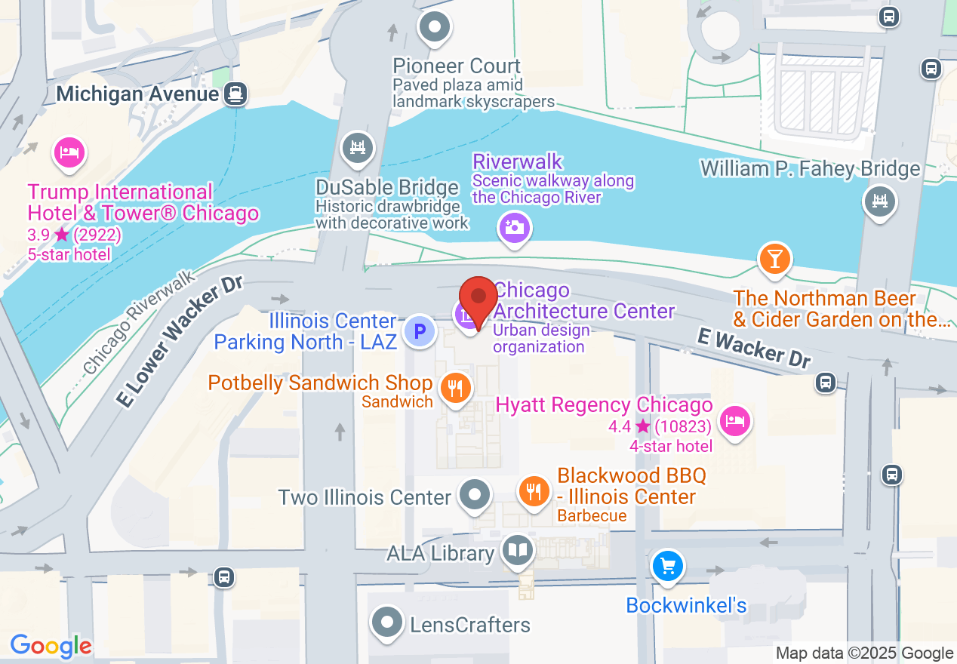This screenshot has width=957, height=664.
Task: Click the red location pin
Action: pos(478,297)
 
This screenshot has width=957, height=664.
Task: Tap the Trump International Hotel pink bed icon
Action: pos(69,152)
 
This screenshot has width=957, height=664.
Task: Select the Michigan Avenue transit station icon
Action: pos(236,94)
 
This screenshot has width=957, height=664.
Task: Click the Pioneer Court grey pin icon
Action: pos(435,27)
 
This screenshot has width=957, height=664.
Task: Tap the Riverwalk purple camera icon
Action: pos(515,226)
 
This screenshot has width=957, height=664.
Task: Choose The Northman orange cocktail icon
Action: pos(774,258)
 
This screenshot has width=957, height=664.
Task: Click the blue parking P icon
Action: pos(419,331)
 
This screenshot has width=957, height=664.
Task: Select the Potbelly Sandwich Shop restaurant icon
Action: pos(455,388)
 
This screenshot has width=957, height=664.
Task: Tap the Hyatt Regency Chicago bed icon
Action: pos(734,420)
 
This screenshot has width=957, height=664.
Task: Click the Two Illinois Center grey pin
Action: pos(475,496)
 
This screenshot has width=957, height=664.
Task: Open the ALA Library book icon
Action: pos(518,551)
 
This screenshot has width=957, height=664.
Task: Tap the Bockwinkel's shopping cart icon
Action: pos(667,564)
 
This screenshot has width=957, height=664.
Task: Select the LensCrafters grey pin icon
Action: pos(388,623)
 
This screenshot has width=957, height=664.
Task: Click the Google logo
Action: pos(51,647)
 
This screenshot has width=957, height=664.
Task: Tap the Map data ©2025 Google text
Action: pos(864,653)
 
